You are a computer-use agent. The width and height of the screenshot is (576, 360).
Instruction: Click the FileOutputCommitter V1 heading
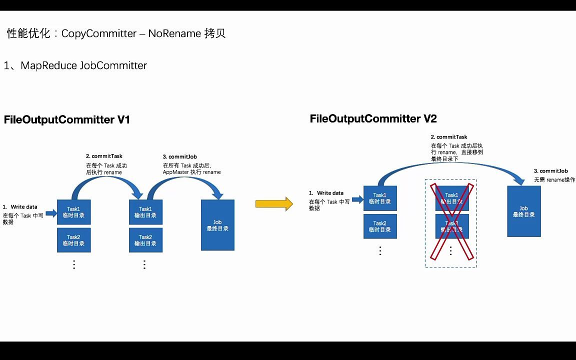click(x=67, y=120)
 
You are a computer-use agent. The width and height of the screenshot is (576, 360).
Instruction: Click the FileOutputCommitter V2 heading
click(x=373, y=119)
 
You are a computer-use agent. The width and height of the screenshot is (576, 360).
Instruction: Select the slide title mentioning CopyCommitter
click(x=116, y=33)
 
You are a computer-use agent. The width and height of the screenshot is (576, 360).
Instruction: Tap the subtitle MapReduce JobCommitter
click(x=75, y=65)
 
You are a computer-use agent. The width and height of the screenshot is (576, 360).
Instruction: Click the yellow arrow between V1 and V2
click(x=273, y=203)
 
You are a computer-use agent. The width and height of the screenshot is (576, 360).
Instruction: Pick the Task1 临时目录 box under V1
click(x=73, y=212)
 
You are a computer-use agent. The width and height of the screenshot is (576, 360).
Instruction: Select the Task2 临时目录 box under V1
click(x=73, y=240)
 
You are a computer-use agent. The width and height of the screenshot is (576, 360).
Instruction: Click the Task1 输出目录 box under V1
click(x=145, y=212)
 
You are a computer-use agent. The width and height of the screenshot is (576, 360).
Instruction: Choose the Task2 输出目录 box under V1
click(x=145, y=240)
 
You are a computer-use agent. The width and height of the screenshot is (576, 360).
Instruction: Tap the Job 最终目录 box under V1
click(x=217, y=225)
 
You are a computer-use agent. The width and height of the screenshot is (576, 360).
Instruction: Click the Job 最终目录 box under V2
click(x=523, y=211)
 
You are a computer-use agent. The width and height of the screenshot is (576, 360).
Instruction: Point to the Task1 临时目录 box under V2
click(x=379, y=198)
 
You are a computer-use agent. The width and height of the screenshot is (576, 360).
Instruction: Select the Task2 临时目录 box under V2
click(x=379, y=226)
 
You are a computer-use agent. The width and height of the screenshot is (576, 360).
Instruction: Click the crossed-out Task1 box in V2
click(x=451, y=198)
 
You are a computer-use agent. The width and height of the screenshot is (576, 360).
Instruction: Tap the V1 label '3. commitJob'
click(x=180, y=156)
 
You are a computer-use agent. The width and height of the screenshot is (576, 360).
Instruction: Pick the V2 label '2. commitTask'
click(x=449, y=137)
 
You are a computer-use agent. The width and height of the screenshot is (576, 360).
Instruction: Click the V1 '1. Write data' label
click(x=20, y=207)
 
